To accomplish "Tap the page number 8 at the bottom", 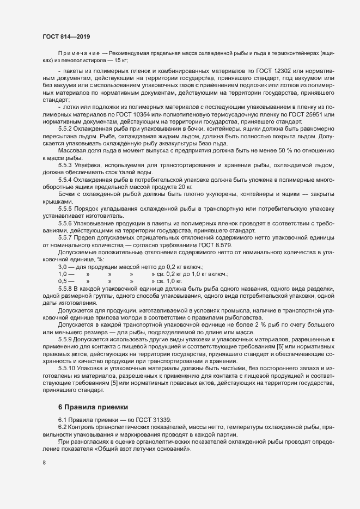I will pos(44,463).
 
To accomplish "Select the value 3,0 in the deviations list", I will pos(62,267).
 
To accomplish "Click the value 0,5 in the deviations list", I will pos(62,281).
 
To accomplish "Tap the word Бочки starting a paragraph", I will pos(66,194).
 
